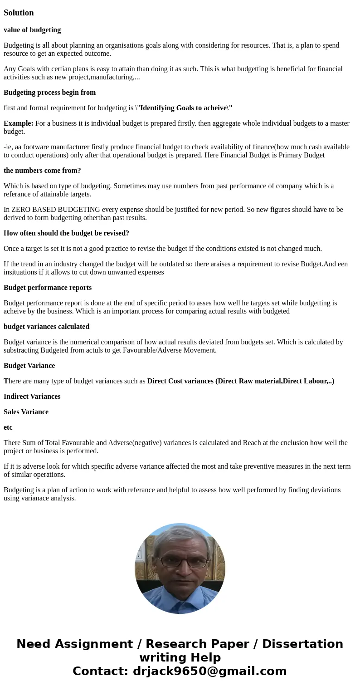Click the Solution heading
(19, 13)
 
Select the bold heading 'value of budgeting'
(32, 30)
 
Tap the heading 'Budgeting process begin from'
(50, 93)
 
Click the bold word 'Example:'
(19, 123)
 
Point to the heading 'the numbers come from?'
(42, 171)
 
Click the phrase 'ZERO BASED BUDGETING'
(56, 210)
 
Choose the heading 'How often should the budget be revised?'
(66, 233)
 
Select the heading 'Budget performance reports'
(48, 288)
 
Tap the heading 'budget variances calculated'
(46, 327)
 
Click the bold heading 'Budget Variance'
(29, 366)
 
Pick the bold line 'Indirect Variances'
(32, 397)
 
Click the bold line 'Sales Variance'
(26, 412)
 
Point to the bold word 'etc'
(8, 427)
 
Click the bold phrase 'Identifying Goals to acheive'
(183, 108)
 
